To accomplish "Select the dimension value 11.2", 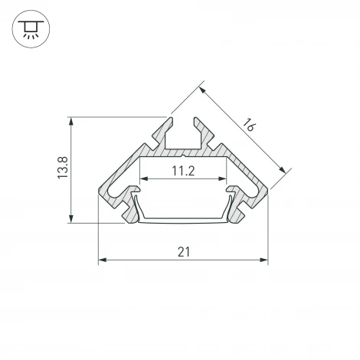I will [182, 172].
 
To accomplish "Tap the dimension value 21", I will [183, 251].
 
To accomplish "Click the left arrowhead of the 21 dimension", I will [102, 260].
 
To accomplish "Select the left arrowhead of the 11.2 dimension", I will [142, 181].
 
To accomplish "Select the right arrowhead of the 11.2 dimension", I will [224, 181].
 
